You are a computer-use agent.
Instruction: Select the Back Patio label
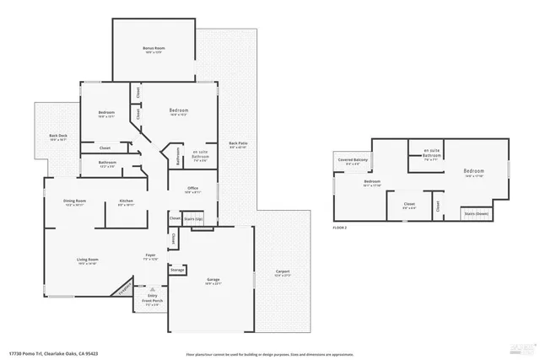pos(239,145)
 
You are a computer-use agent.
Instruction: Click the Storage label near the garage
pos(176,271)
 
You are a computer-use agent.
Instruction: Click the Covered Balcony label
pos(354,161)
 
